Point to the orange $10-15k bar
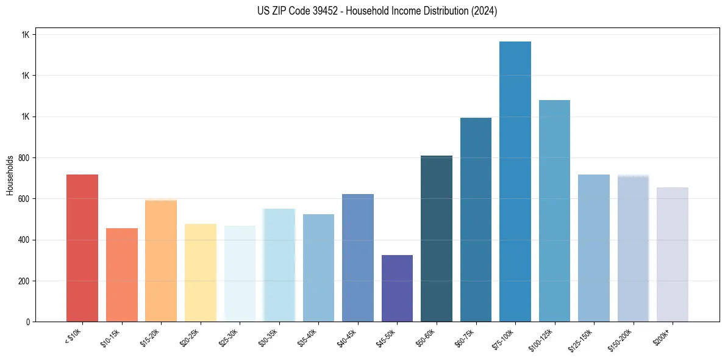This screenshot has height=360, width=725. click(x=122, y=275)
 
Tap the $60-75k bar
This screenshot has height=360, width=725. click(x=476, y=220)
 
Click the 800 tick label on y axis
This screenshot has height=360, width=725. click(x=24, y=158)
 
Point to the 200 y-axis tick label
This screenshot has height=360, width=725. click(x=24, y=281)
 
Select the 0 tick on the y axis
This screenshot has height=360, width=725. click(x=28, y=322)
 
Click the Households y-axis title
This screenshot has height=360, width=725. click(x=10, y=175)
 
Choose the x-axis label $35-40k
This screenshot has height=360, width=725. click(x=309, y=337)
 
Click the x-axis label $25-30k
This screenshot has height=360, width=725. click(x=230, y=337)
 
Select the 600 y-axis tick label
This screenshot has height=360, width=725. click(x=24, y=199)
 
